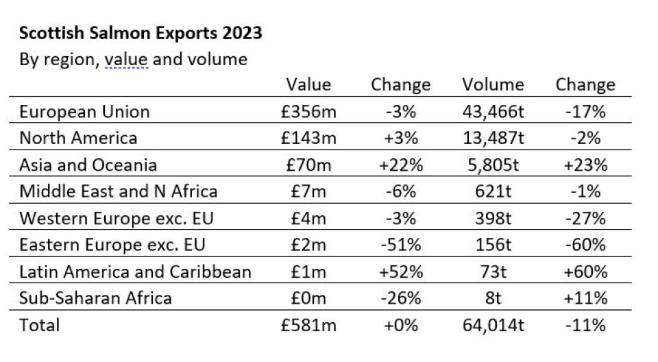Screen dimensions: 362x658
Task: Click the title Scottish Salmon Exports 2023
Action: point(141,33)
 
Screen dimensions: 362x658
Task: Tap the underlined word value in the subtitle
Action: point(126,60)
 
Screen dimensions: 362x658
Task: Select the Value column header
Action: point(308,85)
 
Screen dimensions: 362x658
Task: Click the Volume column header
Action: point(493,85)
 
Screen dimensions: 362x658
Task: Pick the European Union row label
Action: point(84,112)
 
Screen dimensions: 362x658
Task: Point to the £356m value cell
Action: point(308,112)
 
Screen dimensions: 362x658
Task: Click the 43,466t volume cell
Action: point(493,112)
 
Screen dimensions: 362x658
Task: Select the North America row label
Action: point(78,138)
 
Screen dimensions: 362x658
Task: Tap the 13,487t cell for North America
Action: point(493,138)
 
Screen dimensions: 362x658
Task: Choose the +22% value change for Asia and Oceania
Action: point(400,165)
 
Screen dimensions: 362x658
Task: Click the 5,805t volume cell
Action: point(493,165)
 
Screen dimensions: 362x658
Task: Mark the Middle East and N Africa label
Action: point(119,191)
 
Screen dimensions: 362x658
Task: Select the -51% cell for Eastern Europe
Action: point(400,245)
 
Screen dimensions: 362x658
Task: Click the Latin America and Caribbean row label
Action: point(135,271)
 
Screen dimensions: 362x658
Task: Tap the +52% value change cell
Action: point(400,271)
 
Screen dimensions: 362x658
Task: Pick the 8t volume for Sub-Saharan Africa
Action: point(493,298)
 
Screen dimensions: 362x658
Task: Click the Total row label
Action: point(39,325)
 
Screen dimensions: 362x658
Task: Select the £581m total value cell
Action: point(308,325)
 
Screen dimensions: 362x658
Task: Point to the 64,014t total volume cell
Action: point(493,325)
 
